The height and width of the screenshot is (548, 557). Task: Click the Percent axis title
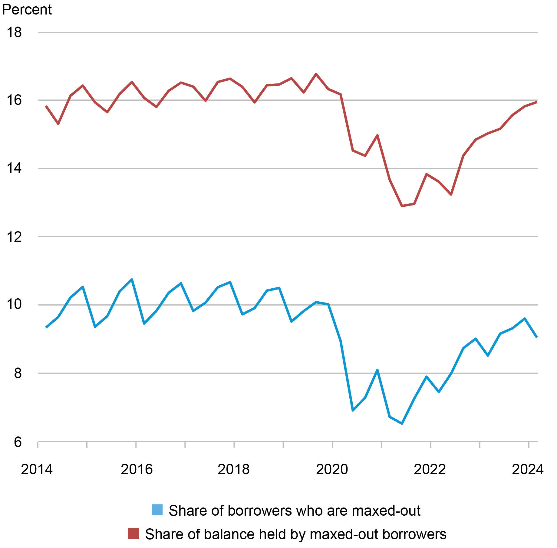point(27,9)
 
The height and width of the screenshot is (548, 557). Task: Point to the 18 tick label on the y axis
point(14,32)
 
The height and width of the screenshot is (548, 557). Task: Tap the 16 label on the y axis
point(14,100)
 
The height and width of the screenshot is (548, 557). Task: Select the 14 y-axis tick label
point(14,168)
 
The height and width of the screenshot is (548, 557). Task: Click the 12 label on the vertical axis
point(14,237)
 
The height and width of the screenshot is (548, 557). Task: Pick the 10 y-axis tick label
point(14,305)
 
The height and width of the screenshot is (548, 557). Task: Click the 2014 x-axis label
point(37,469)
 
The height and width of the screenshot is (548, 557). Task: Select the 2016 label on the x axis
point(137,469)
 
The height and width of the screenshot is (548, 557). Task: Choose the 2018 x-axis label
point(234,469)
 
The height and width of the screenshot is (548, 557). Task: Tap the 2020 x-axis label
point(332,469)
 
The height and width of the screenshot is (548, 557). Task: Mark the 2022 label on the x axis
point(430,469)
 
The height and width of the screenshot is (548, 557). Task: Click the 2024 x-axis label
point(528,469)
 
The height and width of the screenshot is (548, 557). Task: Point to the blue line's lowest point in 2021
point(402,424)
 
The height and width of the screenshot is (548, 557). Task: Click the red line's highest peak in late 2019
point(316,74)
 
